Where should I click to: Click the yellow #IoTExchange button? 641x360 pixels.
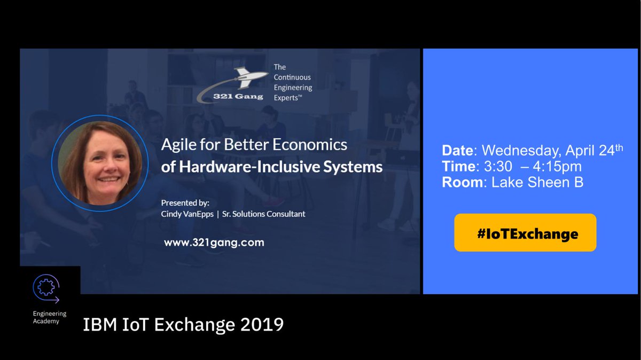[x=525, y=233]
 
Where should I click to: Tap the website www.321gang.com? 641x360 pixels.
[x=214, y=242]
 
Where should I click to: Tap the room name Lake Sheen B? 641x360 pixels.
[x=537, y=183]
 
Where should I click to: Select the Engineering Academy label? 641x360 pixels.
[x=49, y=317]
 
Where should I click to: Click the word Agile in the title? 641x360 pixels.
[x=179, y=145]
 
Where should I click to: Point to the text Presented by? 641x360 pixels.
[x=185, y=203]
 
